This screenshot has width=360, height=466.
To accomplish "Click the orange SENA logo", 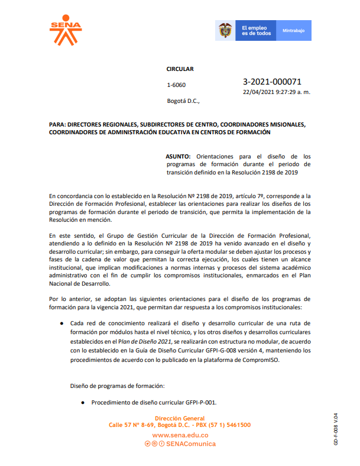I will pos(66,30).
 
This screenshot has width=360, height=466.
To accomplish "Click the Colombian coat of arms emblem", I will pos(225,31).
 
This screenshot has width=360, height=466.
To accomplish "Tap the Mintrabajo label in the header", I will pos(293,30).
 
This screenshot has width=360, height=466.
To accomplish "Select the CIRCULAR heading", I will pos(180,69).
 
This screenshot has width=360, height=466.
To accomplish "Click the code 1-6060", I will pos(176,85).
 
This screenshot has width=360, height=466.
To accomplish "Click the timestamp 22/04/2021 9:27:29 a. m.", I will pos(277,92).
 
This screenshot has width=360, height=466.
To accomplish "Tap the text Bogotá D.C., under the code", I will pos(183,101).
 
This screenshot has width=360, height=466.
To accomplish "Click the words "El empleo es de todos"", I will pos(256,31).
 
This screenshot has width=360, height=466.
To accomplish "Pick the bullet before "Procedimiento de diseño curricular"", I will pos(83,403).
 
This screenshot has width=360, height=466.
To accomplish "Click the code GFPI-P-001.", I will pos(200,403).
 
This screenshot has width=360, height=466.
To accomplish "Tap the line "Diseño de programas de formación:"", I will pos(117,386).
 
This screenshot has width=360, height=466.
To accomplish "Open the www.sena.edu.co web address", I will pos(180,435).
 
